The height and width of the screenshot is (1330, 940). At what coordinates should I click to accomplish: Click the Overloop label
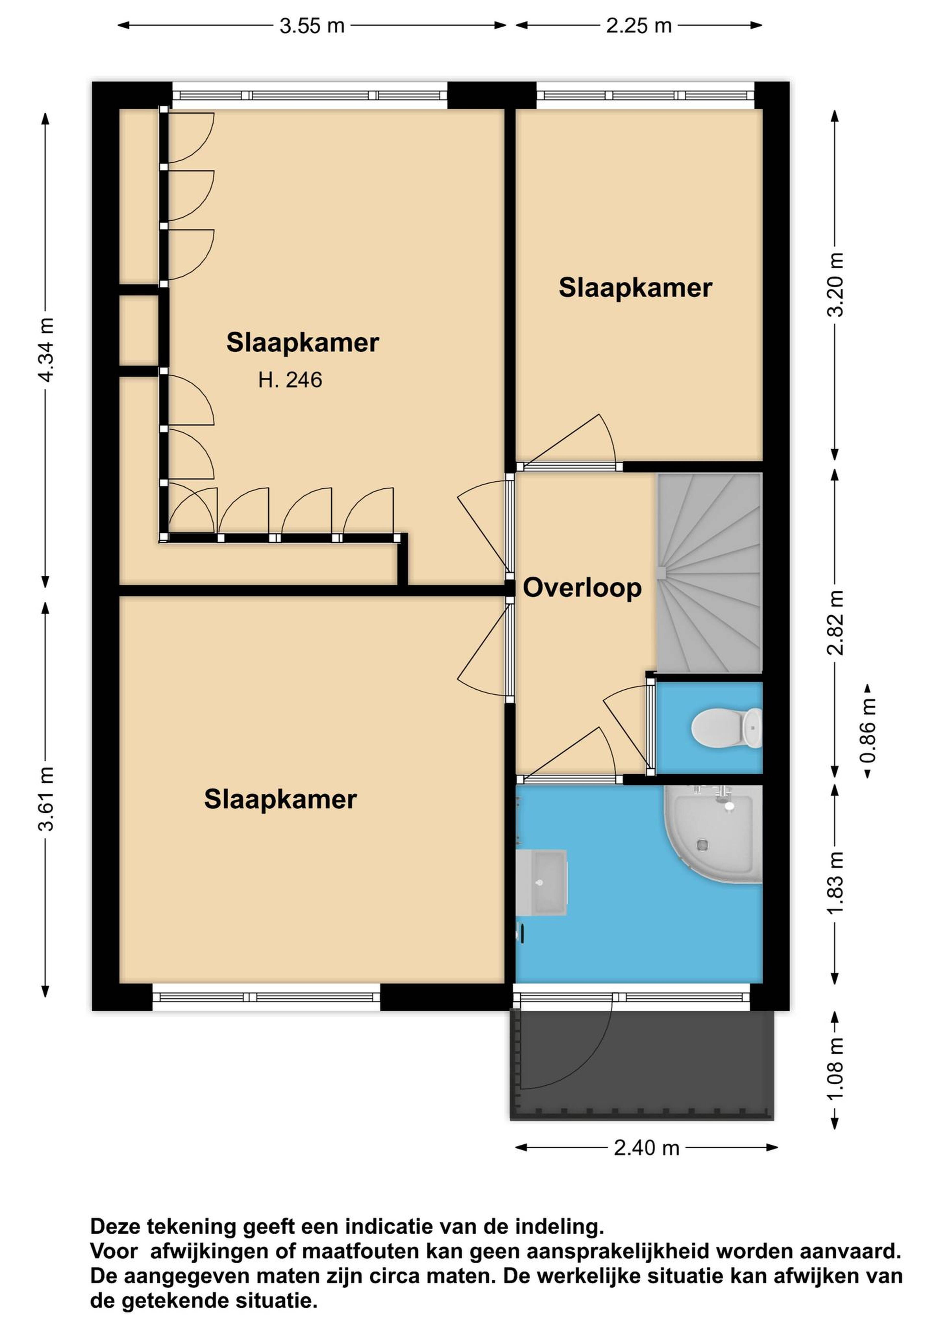582,588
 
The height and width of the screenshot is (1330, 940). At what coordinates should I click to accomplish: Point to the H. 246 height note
290,380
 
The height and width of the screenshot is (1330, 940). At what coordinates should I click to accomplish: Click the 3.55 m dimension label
312,25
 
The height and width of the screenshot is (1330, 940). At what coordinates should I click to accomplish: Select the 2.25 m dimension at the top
639,25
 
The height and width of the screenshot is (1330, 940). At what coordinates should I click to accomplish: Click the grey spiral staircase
709,574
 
